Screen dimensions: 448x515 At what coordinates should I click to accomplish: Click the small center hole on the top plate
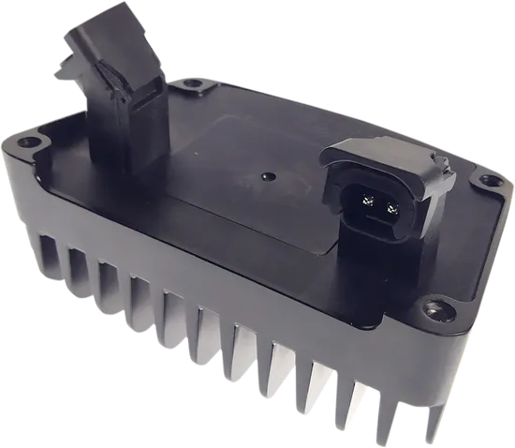(268, 174)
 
